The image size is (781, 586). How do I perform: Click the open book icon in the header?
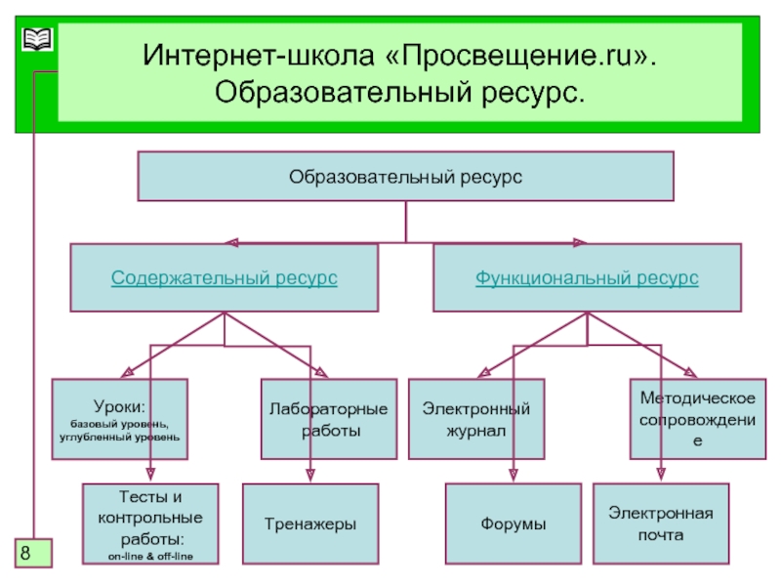(37, 40)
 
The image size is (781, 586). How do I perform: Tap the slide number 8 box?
(32, 553)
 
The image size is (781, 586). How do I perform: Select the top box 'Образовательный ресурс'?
(405, 177)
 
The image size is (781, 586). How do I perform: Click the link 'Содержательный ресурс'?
(225, 278)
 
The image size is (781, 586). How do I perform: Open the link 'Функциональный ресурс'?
(587, 278)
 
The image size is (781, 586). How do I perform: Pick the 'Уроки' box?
(119, 419)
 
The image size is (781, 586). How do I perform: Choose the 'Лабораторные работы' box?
(328, 419)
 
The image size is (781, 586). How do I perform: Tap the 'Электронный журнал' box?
(475, 419)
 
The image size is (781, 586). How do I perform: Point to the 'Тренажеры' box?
(309, 524)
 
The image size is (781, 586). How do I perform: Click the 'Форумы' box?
(513, 524)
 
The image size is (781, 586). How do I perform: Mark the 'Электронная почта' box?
(661, 523)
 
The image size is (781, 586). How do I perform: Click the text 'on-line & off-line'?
(150, 556)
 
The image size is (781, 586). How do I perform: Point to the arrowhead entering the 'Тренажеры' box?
(310, 476)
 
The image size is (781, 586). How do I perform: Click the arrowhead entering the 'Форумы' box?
(513, 476)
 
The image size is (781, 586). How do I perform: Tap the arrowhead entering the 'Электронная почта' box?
(661, 476)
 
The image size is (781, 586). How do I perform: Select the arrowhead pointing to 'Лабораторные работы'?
(321, 371)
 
